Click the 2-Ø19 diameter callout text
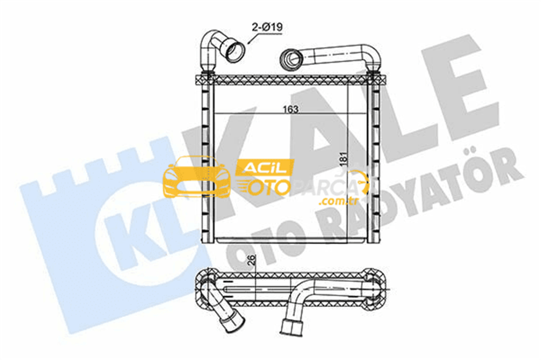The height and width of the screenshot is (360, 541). (x=267, y=27)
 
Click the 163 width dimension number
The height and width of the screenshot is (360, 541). (x=291, y=109)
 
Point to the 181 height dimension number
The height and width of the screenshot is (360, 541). (x=344, y=158)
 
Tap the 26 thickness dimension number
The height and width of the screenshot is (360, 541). (x=252, y=259)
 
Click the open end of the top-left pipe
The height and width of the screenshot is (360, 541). (x=234, y=52)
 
